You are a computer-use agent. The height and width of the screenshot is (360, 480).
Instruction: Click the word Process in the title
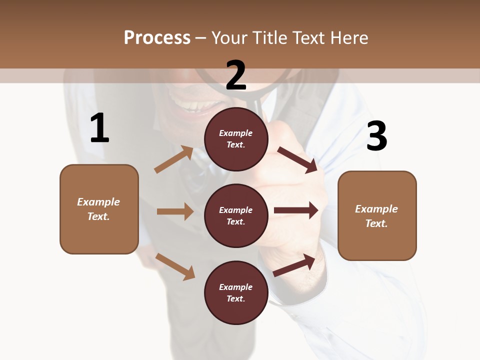[157, 37]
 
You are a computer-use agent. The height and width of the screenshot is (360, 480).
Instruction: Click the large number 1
[99, 128]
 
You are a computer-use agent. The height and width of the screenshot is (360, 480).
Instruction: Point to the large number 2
[236, 75]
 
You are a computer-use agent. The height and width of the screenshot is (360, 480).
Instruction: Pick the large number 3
[376, 136]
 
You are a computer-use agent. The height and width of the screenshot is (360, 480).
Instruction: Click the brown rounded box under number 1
[99, 209]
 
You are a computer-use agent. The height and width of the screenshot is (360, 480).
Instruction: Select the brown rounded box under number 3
[377, 215]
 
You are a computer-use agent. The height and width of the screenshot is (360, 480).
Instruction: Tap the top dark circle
[236, 139]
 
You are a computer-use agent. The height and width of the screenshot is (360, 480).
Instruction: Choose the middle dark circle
[236, 215]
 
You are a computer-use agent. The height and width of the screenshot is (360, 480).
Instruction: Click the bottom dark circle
[236, 292]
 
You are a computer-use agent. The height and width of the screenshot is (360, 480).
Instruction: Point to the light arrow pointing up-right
[174, 159]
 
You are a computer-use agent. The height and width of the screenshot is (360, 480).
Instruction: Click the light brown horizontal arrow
[175, 211]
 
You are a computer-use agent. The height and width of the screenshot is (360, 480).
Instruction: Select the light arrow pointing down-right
[175, 266]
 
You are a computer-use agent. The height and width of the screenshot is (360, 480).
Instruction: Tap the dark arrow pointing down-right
[297, 159]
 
